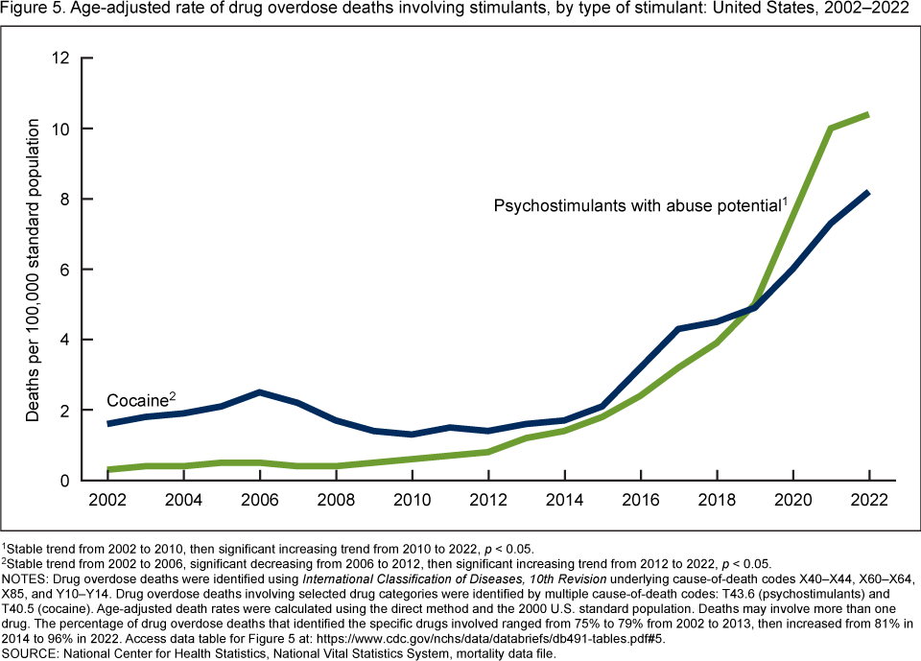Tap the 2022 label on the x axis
[x=868, y=501]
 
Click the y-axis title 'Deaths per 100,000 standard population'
[x=33, y=270]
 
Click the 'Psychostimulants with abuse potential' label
[x=638, y=205]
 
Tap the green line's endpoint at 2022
[x=868, y=114]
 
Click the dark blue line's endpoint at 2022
[x=868, y=192]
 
